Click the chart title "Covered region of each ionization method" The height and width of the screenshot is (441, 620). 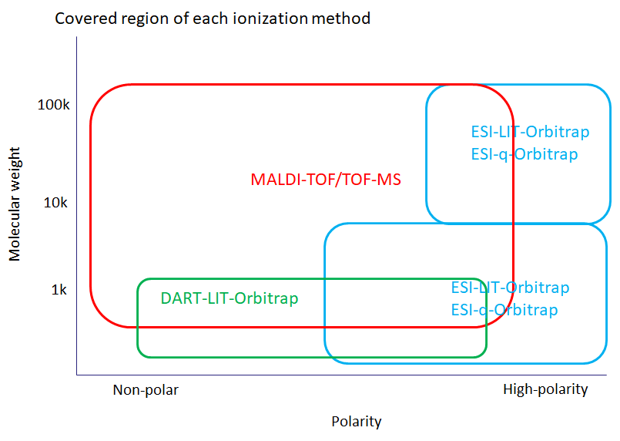click(x=213, y=19)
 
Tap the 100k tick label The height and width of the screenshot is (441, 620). click(x=53, y=105)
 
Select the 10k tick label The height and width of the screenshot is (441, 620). click(x=55, y=203)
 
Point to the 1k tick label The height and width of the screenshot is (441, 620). click(x=59, y=290)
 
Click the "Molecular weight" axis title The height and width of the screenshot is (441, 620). click(x=15, y=204)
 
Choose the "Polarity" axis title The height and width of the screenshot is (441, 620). click(x=357, y=422)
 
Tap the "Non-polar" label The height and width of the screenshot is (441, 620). click(x=146, y=390)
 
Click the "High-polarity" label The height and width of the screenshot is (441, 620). click(x=545, y=389)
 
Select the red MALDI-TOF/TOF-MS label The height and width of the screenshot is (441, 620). click(x=326, y=180)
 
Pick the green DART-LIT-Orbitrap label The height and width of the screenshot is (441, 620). click(x=230, y=298)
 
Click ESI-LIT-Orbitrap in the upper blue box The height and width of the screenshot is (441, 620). click(x=530, y=132)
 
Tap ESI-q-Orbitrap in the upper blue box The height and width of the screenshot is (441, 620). click(x=524, y=154)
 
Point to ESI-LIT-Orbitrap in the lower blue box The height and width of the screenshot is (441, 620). click(x=510, y=288)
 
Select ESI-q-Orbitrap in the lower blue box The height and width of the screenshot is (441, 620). click(x=504, y=310)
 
